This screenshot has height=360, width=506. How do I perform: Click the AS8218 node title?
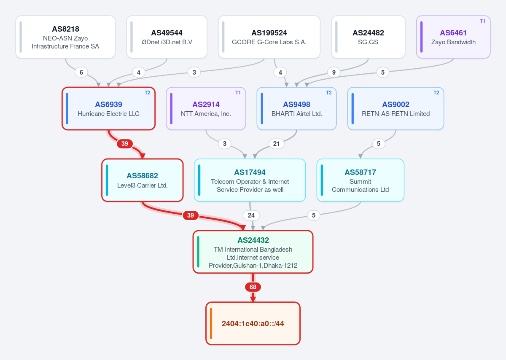pos(65,29)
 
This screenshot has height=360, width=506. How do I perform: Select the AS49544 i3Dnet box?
pos(167,37)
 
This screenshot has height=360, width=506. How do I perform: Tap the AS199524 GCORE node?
pos(269,37)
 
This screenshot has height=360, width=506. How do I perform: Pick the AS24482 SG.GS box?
pos(368,37)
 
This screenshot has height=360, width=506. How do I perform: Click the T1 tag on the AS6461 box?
pos(482,21)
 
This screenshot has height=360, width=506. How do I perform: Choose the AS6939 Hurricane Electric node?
pos(108,108)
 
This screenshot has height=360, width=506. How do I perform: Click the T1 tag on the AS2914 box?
pos(238,93)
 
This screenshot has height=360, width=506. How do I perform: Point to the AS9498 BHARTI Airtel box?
pos(296,108)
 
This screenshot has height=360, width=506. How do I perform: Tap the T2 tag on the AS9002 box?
pos(436,93)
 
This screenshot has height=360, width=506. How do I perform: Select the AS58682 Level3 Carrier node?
pos(143,180)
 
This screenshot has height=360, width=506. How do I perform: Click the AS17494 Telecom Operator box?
pos(250,180)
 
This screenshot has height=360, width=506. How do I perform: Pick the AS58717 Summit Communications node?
pos(360,180)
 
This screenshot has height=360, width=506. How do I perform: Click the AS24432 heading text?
pos(253,240)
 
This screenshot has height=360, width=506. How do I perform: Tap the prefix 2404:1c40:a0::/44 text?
pos(253,324)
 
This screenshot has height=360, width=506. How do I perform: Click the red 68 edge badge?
pos(253,287)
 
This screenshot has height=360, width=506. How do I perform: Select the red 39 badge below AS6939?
pos(125,144)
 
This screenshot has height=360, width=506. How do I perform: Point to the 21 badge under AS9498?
pos(276,144)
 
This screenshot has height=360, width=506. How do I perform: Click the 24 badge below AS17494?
pos(251,215)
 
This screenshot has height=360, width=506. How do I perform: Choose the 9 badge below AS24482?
pos(334,72)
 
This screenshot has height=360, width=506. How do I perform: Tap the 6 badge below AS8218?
pos(81,72)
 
